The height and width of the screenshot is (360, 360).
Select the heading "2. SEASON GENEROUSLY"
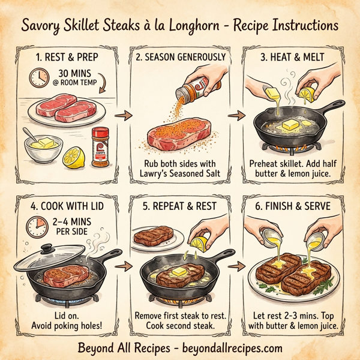point(181,58)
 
